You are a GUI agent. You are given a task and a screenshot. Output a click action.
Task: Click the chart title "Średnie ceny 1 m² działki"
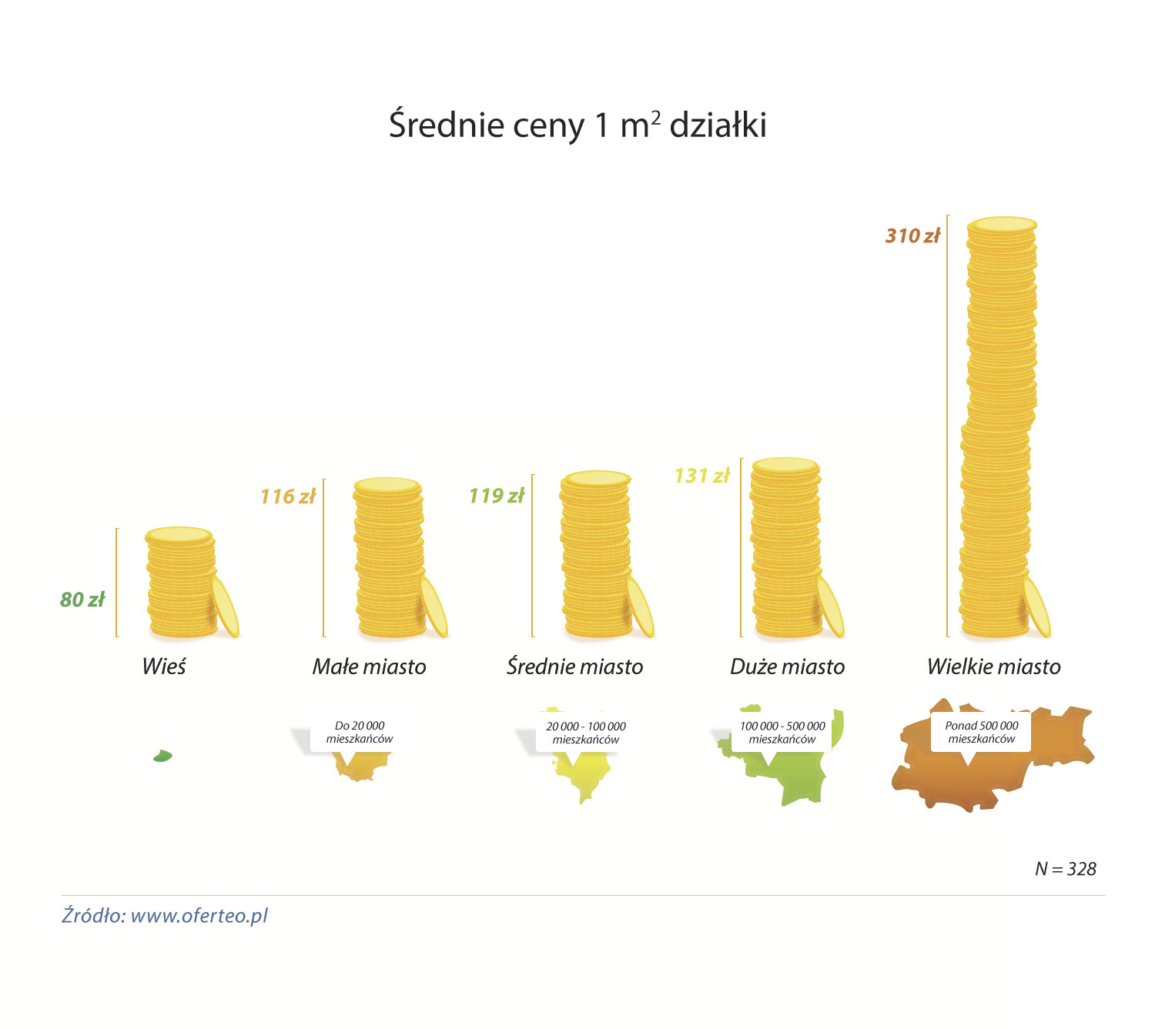point(577,125)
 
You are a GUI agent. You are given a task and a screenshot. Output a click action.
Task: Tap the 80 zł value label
point(82,600)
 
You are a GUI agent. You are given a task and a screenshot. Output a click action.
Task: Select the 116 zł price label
point(288,496)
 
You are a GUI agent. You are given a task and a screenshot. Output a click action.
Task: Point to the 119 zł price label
point(497,496)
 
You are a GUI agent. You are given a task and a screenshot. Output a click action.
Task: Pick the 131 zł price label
point(701,476)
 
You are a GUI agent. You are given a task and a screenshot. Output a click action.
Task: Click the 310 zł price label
point(912,236)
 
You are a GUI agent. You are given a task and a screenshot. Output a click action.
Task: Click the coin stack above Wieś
point(182,583)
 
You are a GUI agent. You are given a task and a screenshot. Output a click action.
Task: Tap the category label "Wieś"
point(164,667)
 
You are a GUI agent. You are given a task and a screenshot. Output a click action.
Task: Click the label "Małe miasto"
point(369,667)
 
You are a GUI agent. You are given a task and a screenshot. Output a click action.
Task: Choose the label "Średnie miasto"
point(574,667)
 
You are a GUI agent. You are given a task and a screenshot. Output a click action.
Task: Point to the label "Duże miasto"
point(787,667)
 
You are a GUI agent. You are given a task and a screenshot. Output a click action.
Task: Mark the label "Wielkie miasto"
point(993,667)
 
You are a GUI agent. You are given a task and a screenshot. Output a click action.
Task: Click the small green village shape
point(162,756)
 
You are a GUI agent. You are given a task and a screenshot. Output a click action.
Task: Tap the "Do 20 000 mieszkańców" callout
point(360,733)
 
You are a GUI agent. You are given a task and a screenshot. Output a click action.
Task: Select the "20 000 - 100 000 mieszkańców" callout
point(586,733)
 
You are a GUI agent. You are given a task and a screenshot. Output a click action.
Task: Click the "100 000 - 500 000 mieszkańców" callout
point(782,733)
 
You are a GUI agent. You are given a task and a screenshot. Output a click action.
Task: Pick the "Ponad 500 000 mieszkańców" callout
point(982,733)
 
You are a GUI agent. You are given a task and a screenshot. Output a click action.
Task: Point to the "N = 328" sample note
point(1066,869)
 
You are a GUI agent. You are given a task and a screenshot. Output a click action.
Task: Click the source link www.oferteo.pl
point(199,916)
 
